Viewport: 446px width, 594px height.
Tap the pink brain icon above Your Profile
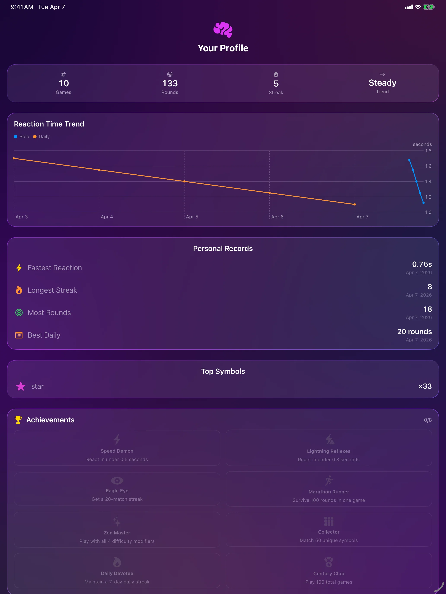(223, 30)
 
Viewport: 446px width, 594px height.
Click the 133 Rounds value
(170, 84)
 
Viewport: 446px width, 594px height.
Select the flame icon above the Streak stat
(276, 74)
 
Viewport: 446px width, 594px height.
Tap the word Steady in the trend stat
(382, 83)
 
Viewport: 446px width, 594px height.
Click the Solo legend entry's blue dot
(16, 137)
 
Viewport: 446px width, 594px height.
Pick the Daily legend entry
(41, 137)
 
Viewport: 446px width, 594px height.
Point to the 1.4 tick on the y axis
(428, 182)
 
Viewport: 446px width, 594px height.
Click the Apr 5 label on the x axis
(192, 217)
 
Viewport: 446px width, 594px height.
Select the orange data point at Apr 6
(270, 193)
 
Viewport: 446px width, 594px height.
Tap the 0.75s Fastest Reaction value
(422, 264)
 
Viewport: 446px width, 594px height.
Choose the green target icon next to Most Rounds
(19, 313)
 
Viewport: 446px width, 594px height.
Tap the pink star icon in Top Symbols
(21, 386)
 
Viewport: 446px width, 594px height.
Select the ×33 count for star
(425, 386)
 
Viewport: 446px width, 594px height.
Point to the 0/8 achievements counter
(427, 420)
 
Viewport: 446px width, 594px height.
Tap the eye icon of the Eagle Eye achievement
(117, 480)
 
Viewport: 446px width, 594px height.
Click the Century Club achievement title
(328, 573)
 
